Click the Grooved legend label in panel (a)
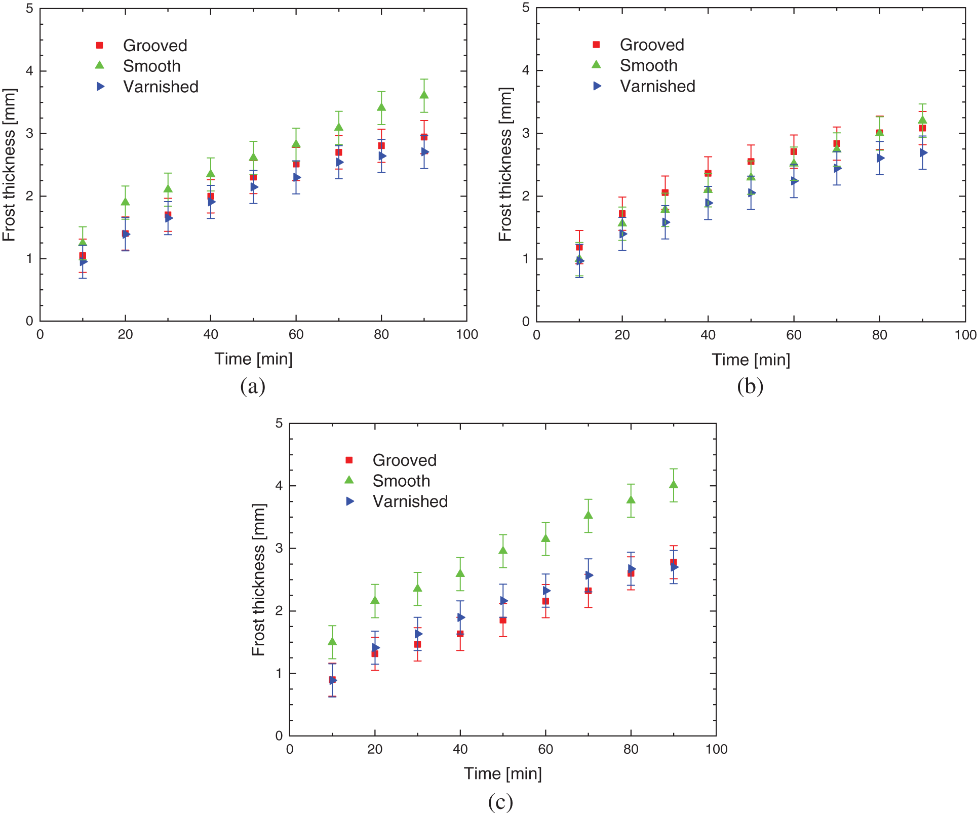pyautogui.click(x=155, y=46)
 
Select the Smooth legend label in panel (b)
pyautogui.click(x=648, y=65)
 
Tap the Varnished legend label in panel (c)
pyautogui.click(x=410, y=501)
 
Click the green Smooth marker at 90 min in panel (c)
pyautogui.click(x=674, y=485)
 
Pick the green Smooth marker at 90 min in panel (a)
pyautogui.click(x=424, y=95)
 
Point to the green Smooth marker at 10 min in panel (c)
pyautogui.click(x=332, y=642)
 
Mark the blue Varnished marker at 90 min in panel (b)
pyautogui.click(x=923, y=152)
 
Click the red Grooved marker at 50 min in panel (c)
pyautogui.click(x=503, y=620)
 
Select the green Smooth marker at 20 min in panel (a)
pyautogui.click(x=125, y=202)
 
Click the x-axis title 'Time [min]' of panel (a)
pyautogui.click(x=253, y=359)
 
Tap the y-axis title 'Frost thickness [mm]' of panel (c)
pyautogui.click(x=258, y=579)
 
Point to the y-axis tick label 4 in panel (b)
pyautogui.click(x=526, y=70)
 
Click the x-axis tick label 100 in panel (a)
pyautogui.click(x=466, y=335)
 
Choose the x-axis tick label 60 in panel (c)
pyautogui.click(x=545, y=750)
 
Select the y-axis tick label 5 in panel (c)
pyautogui.click(x=279, y=423)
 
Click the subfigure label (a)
pyautogui.click(x=253, y=386)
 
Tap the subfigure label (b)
pyautogui.click(x=750, y=386)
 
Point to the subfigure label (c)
pyautogui.click(x=500, y=802)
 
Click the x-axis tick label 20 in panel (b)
pyautogui.click(x=622, y=335)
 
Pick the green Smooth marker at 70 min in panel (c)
pyautogui.click(x=589, y=515)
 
